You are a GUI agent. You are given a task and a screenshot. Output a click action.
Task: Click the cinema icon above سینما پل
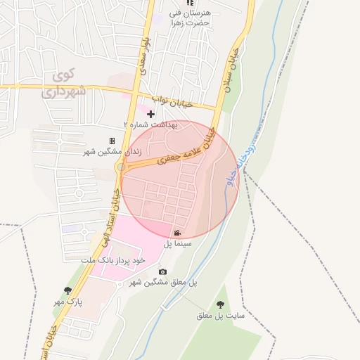click(176, 233)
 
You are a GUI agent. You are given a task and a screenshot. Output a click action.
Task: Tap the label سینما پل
click(178, 244)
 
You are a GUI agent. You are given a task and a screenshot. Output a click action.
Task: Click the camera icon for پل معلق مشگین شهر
click(163, 272)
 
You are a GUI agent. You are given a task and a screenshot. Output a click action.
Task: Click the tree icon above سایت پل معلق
click(220, 304)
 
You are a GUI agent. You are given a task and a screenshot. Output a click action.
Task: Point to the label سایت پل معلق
click(221, 316)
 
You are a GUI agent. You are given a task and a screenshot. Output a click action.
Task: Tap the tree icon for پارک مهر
click(67, 290)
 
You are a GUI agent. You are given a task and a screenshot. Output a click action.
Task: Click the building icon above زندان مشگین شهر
click(112, 141)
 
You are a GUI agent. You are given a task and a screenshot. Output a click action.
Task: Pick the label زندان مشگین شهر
click(112, 152)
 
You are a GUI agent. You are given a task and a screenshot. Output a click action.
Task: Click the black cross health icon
click(150, 113)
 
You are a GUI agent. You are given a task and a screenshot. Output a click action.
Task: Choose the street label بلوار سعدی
click(145, 56)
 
